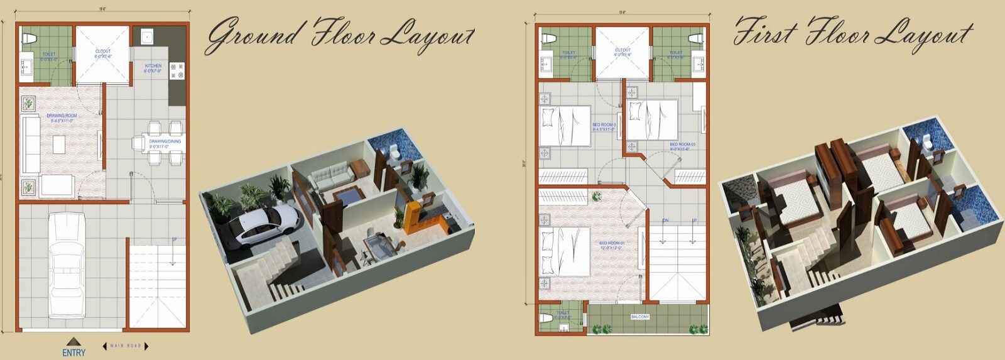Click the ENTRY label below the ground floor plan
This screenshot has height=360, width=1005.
pyautogui.click(x=73, y=352)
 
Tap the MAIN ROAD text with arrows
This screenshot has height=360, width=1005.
pyautogui.click(x=126, y=346)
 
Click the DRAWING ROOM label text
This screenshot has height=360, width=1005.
pyautogui.click(x=62, y=117)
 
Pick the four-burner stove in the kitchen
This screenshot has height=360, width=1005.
pyautogui.click(x=177, y=70)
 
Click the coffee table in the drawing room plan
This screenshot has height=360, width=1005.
pyautogui.click(x=59, y=145)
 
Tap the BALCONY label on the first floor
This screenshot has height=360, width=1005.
pyautogui.click(x=639, y=317)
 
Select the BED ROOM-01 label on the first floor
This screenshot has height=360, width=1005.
pyautogui.click(x=611, y=245)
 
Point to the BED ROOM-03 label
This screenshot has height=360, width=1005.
pyautogui.click(x=682, y=146)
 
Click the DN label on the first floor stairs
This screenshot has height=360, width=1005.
pyautogui.click(x=665, y=221)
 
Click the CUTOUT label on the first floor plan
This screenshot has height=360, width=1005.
pyautogui.click(x=622, y=52)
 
